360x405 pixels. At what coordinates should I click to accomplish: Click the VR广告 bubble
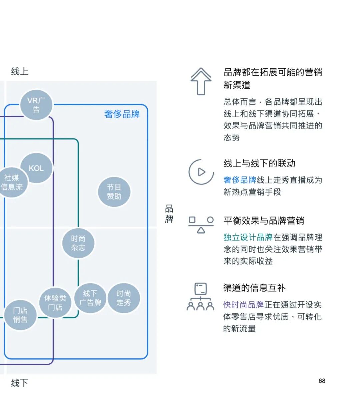[x=36, y=105]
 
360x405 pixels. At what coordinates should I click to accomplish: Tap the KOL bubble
[x=36, y=168]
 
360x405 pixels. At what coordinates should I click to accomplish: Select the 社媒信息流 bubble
[x=12, y=182]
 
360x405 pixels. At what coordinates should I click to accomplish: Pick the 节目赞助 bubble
[x=114, y=192]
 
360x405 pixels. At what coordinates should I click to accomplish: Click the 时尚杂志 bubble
[x=78, y=243]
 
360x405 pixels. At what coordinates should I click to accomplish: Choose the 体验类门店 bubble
[x=55, y=302]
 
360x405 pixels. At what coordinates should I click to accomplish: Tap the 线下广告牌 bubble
[x=90, y=298]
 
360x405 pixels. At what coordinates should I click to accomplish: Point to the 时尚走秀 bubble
[x=124, y=298]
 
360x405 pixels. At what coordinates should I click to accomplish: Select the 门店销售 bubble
[x=20, y=315]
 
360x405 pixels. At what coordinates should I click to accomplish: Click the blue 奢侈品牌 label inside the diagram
[x=122, y=114]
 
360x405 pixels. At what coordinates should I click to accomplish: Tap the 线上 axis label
[x=20, y=71]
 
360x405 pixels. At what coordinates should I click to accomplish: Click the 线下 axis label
[x=20, y=382]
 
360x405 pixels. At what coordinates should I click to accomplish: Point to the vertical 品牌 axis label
[x=169, y=214]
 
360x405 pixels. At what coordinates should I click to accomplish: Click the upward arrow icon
[x=201, y=81]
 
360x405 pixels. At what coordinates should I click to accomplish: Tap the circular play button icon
[x=201, y=172]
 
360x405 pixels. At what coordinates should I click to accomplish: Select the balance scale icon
[x=201, y=225]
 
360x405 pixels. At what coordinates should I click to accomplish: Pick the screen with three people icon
[x=200, y=297]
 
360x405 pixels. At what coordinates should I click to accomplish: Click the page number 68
[x=322, y=381]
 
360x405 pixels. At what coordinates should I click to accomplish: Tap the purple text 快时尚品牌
[x=243, y=305]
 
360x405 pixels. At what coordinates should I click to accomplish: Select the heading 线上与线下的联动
[x=259, y=163]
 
